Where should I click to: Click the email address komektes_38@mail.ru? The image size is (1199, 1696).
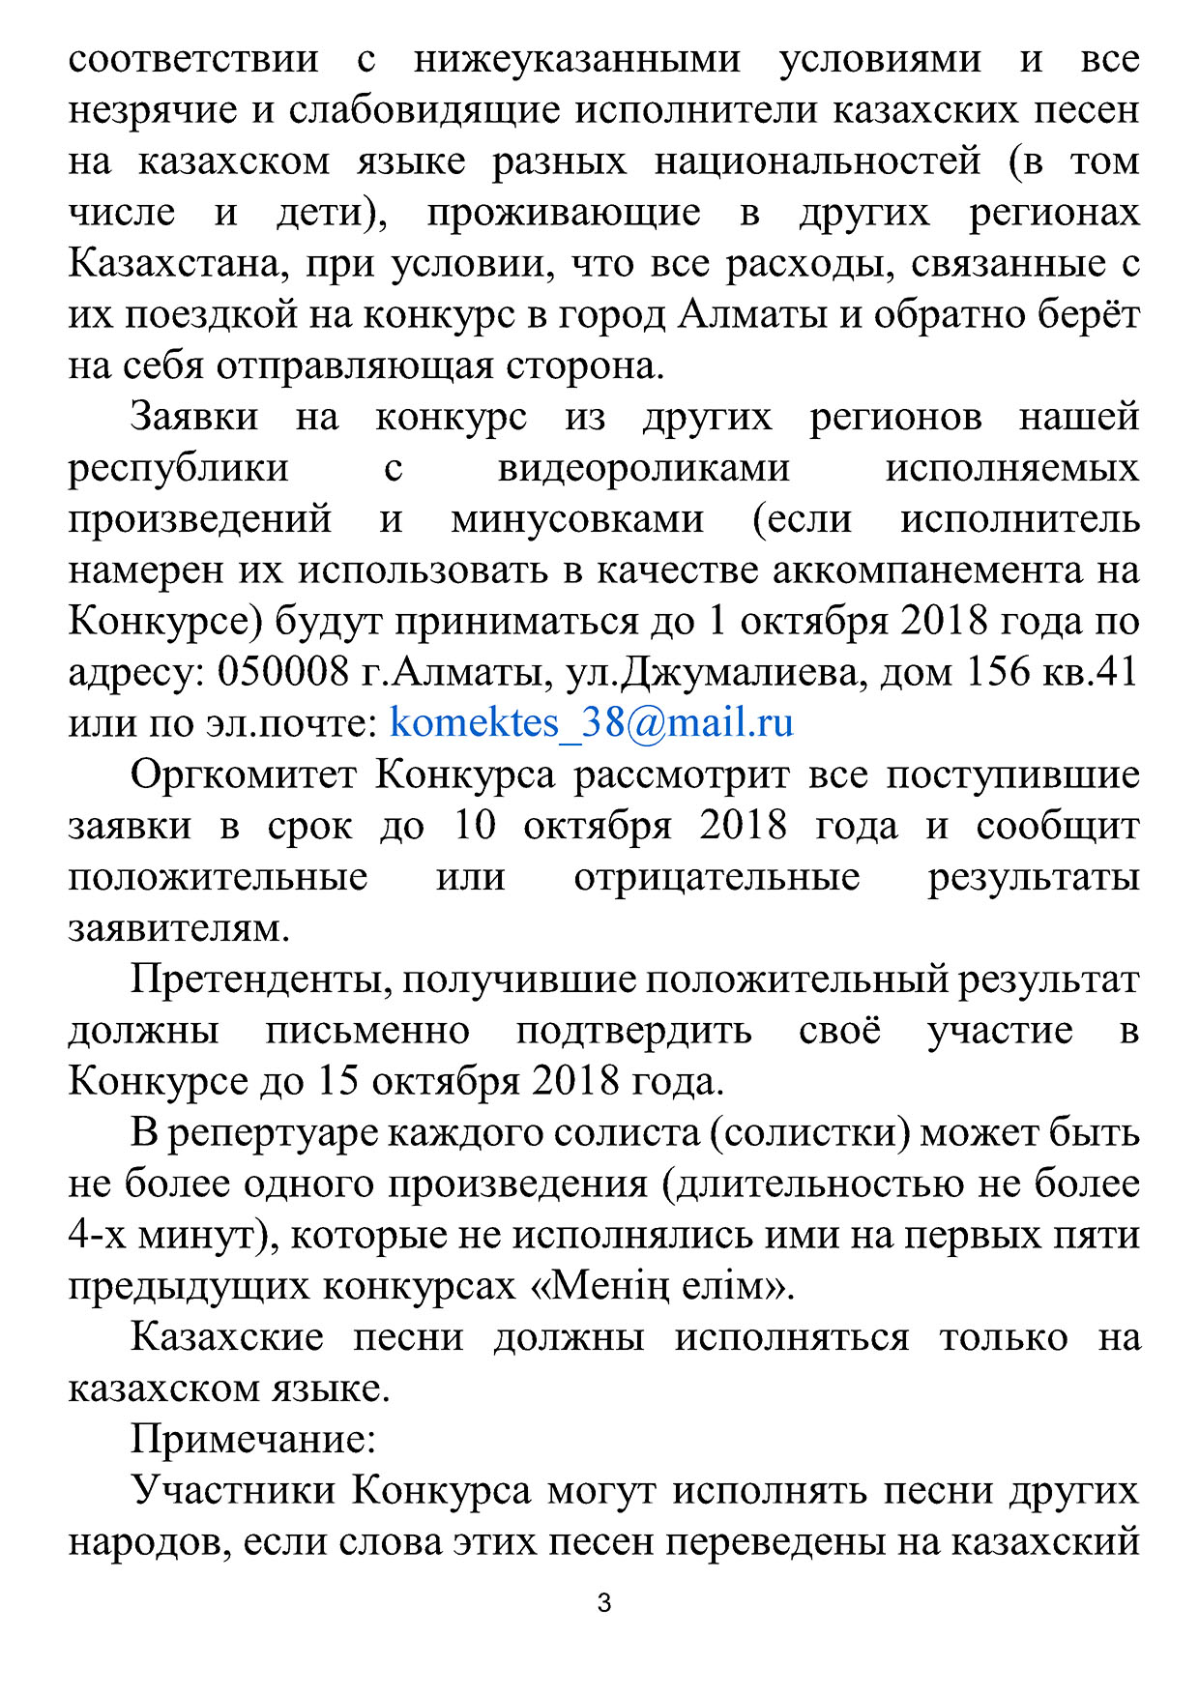click(x=591, y=723)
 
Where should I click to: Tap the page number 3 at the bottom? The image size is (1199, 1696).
click(x=604, y=1603)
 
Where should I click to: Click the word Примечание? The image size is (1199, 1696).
click(x=252, y=1440)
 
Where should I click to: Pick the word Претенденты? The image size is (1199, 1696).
click(x=261, y=980)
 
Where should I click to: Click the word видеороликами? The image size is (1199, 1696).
click(x=643, y=468)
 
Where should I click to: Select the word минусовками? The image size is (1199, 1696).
click(x=577, y=519)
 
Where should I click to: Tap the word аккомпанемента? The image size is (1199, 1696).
click(x=927, y=570)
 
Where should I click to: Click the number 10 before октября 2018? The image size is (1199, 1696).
click(x=475, y=826)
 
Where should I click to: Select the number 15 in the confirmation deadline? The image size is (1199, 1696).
click(x=337, y=1081)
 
